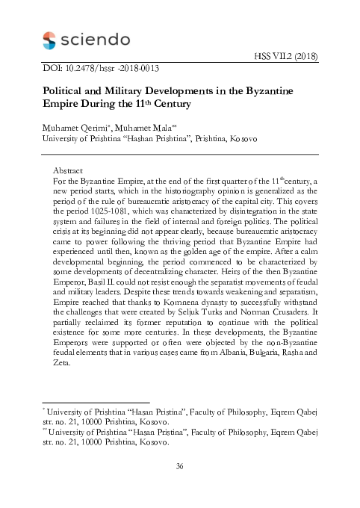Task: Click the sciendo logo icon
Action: point(49,40)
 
